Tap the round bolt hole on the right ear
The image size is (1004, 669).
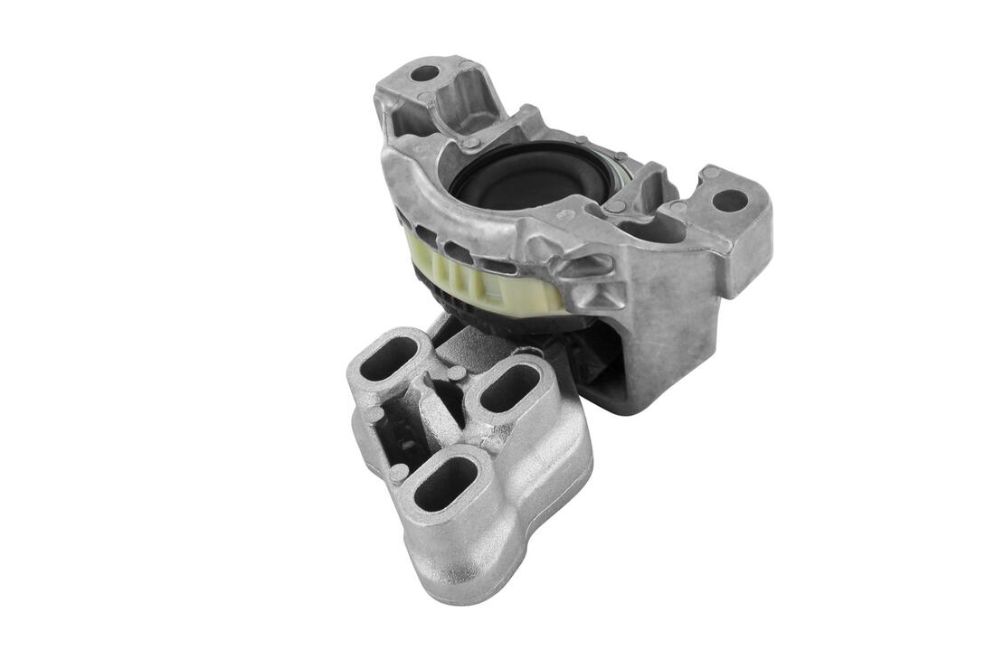pos(731,200)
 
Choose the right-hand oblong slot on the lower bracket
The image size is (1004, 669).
pos(510,388)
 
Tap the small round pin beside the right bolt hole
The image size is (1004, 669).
pos(711,172)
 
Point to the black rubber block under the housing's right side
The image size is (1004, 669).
pos(601,380)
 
